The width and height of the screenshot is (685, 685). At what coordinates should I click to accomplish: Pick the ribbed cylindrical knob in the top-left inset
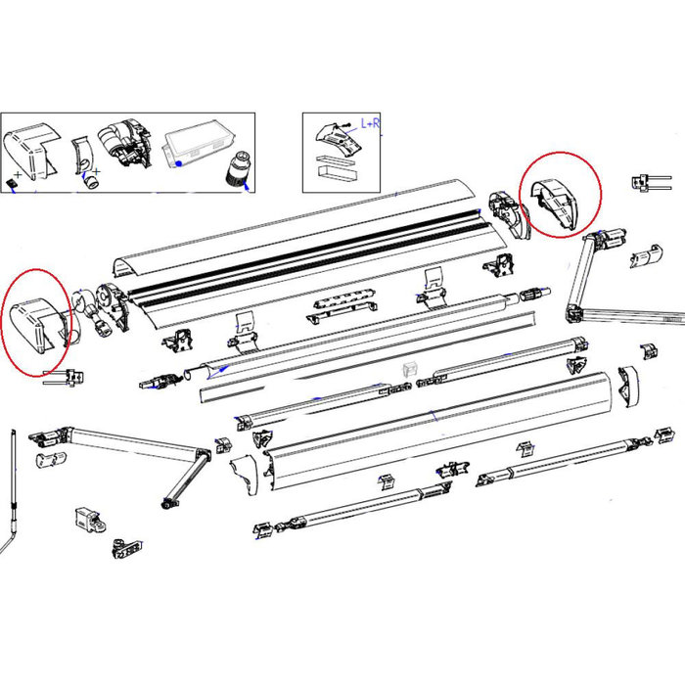point(237,172)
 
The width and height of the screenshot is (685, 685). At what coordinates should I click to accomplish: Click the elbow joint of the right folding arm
point(575,312)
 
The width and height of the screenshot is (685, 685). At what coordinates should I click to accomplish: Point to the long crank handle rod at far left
point(12,489)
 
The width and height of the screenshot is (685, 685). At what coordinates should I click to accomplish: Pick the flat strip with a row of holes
point(342,303)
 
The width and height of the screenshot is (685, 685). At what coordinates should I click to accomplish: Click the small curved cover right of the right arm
point(647,257)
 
